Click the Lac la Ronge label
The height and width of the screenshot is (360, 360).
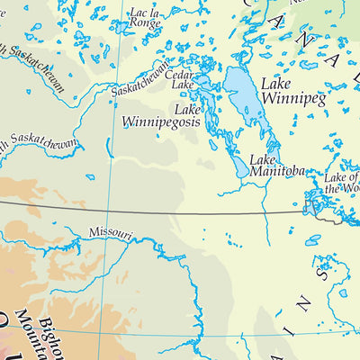click(x=147, y=20)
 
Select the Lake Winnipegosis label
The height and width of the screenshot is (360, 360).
click(x=156, y=114)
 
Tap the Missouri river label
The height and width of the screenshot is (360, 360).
click(x=110, y=234)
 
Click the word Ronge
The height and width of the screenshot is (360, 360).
click(x=147, y=25)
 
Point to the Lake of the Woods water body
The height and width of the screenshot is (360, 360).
click(x=316, y=207)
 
